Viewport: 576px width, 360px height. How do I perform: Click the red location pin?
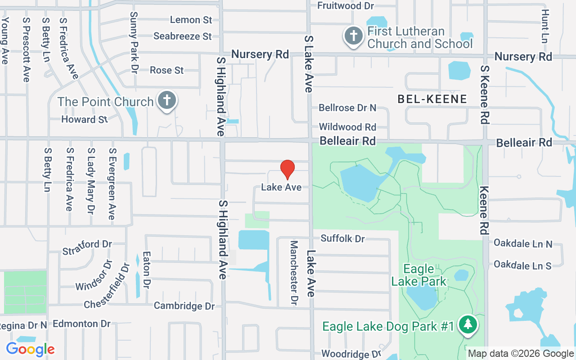point(288,169)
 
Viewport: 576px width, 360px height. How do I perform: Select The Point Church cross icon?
point(167,99)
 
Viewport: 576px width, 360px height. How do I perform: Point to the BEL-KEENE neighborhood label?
point(432,99)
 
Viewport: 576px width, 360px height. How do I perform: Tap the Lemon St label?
point(191,20)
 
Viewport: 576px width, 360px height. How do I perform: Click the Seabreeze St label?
point(182,36)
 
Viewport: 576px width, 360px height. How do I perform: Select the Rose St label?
point(166,70)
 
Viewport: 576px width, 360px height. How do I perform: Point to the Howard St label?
point(85,120)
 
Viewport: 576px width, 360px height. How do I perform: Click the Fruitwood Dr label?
point(346,6)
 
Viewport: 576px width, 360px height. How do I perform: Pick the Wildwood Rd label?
point(347,127)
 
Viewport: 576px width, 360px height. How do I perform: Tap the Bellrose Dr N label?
point(347,108)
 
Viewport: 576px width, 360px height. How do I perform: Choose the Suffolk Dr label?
point(342,238)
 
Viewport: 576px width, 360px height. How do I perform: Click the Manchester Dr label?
point(294,273)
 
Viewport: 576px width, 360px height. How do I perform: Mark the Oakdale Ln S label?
point(522,265)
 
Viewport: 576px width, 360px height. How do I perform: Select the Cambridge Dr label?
point(184,306)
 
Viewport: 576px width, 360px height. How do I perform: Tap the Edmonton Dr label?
point(81,324)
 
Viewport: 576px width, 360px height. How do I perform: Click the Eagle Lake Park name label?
point(419,275)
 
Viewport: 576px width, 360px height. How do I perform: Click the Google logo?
point(30,349)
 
